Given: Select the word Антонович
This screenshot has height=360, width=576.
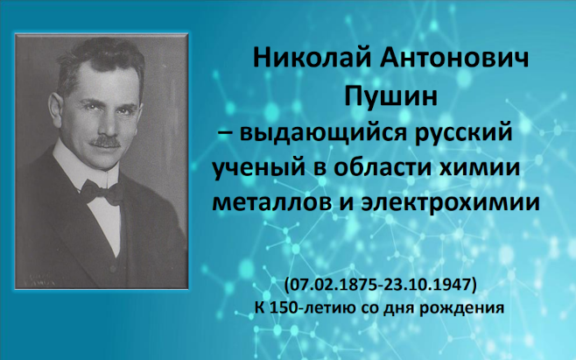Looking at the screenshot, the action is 454,58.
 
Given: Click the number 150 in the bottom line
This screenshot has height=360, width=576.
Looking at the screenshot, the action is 284,307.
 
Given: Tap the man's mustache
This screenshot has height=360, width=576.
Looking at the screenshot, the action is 105,141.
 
